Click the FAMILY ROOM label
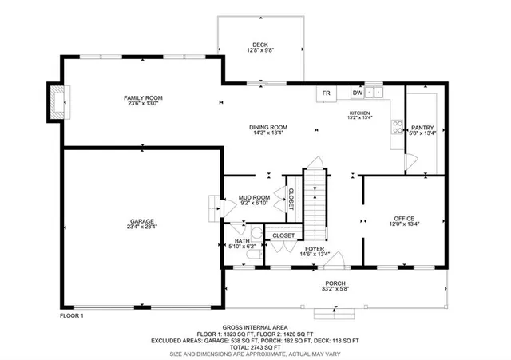143,97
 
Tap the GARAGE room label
143,221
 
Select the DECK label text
260,45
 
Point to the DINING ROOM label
268,128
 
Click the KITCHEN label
361,114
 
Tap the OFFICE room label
404,218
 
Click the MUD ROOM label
255,197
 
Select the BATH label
242,241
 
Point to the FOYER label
314,249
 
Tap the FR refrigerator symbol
326,93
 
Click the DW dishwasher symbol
358,93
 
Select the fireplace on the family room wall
56,102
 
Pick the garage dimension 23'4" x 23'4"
143,227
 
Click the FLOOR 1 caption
72,317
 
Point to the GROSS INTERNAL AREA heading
255,327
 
